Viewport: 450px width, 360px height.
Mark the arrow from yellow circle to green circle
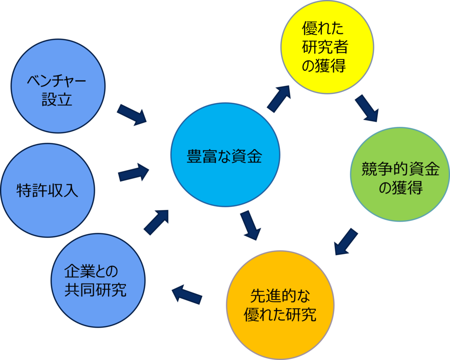click(367, 108)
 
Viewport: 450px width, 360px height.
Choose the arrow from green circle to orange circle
click(346, 241)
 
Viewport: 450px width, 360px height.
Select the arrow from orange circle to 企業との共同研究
click(187, 294)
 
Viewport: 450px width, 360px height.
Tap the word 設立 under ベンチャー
click(57, 100)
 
